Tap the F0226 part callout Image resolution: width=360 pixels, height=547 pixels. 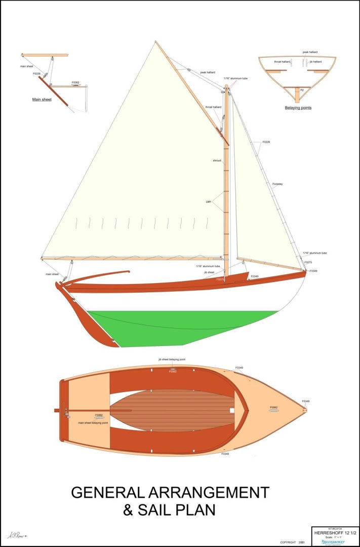click(36, 74)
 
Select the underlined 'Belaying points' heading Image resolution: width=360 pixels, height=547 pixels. click(298, 108)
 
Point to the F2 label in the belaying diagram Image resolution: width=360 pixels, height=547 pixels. click(302, 90)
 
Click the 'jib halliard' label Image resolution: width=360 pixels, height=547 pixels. click(315, 62)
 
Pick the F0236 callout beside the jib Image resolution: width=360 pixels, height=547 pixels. click(266, 142)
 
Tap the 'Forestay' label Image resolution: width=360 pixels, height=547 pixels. click(277, 184)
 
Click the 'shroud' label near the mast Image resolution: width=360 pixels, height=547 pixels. click(217, 161)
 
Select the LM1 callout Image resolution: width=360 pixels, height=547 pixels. click(208, 202)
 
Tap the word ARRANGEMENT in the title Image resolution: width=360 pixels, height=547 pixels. click(208, 492)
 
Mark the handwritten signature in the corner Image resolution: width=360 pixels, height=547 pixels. click(16, 535)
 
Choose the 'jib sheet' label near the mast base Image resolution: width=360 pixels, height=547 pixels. click(210, 272)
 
